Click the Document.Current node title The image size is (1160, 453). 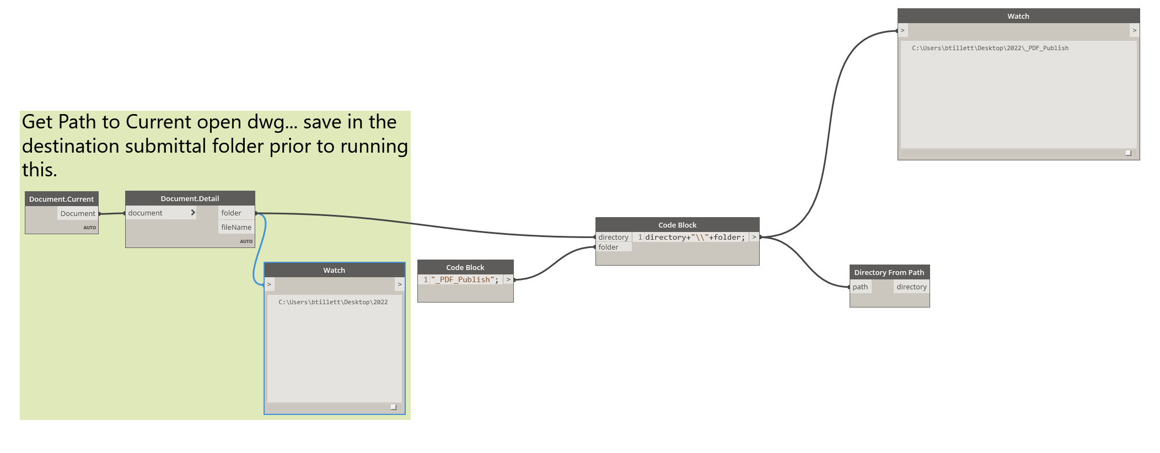61,199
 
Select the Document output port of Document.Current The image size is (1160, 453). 78,214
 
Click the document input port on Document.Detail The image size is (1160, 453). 146,213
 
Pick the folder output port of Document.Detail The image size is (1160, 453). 232,213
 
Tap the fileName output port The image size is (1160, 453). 236,228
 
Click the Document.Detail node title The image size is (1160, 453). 190,198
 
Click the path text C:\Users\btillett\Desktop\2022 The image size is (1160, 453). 333,303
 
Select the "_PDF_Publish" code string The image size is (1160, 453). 465,280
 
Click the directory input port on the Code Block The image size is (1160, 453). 613,238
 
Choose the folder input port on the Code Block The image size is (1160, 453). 609,247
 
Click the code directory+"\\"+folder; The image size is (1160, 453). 695,238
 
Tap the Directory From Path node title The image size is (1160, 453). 889,272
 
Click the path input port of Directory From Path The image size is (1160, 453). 860,287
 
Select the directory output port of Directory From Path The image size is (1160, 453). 911,287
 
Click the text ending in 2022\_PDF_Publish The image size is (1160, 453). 990,48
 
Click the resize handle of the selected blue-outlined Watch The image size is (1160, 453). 394,407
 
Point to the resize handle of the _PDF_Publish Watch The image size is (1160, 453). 1128,153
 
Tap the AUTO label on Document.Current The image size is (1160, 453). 90,228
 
